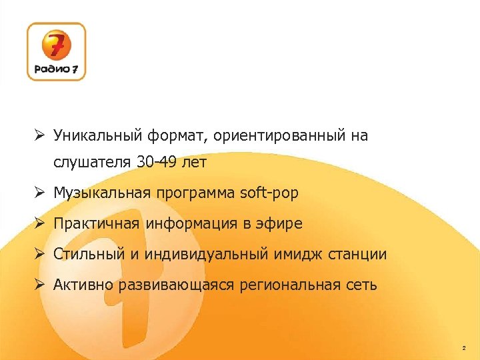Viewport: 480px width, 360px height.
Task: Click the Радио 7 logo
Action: tap(57, 52)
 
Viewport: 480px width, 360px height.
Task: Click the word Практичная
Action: tap(97, 224)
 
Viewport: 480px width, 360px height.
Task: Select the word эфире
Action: tap(280, 224)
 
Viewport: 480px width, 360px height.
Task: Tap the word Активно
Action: tap(83, 285)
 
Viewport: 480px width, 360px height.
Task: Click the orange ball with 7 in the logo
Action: tap(57, 45)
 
